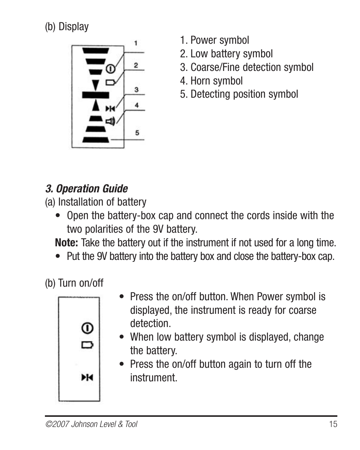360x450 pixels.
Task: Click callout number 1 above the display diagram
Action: pyautogui.click(x=136, y=43)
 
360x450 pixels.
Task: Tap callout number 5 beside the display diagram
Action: pyautogui.click(x=137, y=132)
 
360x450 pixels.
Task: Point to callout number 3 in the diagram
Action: pyautogui.click(x=137, y=90)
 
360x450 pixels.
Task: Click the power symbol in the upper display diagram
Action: pyautogui.click(x=110, y=69)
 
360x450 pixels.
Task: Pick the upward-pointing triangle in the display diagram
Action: pyautogui.click(x=96, y=105)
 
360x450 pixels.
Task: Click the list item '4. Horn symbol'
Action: pyautogui.click(x=211, y=81)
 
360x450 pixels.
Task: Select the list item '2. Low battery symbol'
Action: pyautogui.click(x=226, y=54)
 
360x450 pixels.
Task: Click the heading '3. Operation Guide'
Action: pyautogui.click(x=86, y=189)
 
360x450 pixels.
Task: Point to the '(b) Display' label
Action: pyautogui.click(x=67, y=27)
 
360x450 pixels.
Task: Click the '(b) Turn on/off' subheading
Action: pyautogui.click(x=74, y=283)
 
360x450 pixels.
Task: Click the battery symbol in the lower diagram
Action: pyautogui.click(x=87, y=345)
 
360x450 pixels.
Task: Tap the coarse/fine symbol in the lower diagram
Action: pyautogui.click(x=87, y=377)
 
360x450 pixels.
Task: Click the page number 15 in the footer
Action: pyautogui.click(x=333, y=424)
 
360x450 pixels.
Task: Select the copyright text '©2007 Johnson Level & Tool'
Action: pyautogui.click(x=91, y=424)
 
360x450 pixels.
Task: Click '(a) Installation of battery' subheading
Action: pyautogui.click(x=95, y=202)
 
